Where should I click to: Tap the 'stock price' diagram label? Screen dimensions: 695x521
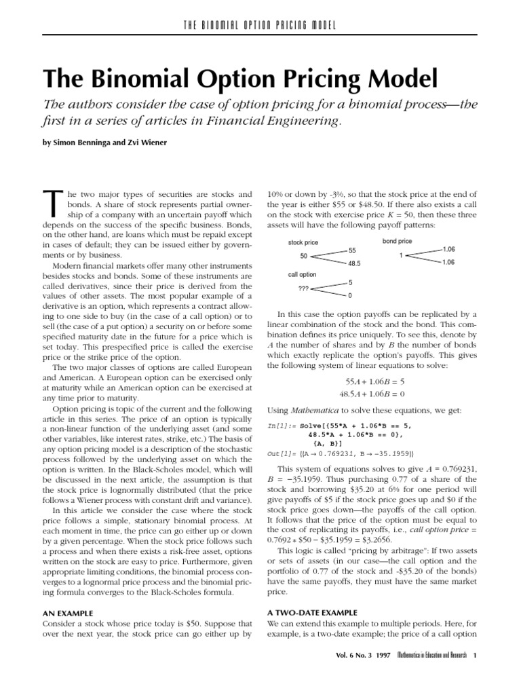(x=303, y=242)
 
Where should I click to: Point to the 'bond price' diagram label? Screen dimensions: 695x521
(x=398, y=242)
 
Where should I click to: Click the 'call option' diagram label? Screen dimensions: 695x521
(x=302, y=275)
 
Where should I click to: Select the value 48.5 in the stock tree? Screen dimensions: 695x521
(x=355, y=263)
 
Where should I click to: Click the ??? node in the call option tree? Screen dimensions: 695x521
(x=303, y=288)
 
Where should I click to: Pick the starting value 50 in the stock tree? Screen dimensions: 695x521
(x=303, y=256)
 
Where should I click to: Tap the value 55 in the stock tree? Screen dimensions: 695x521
(x=351, y=250)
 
